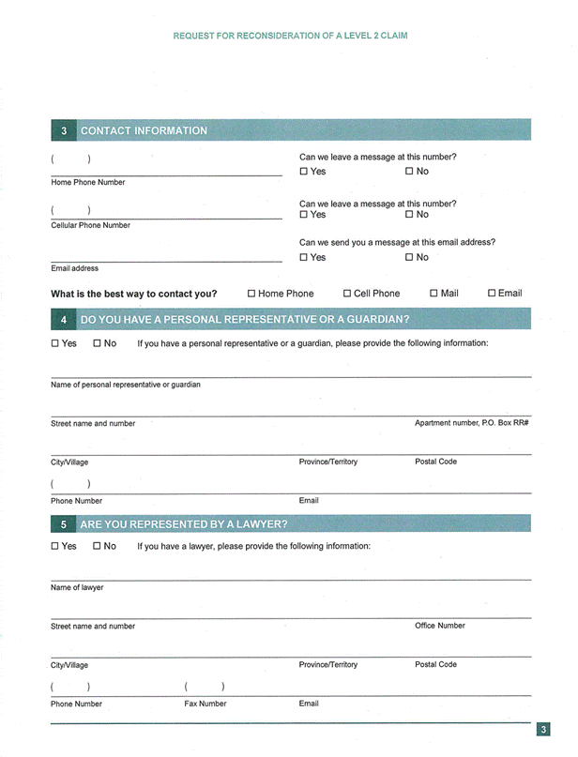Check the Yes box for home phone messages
tap(304, 172)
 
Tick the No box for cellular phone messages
tap(410, 215)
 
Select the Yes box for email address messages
tap(304, 257)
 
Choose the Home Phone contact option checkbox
tap(251, 294)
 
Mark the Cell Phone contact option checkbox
tap(347, 294)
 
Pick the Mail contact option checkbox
tap(433, 294)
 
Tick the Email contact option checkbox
tap(492, 294)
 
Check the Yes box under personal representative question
tap(55, 343)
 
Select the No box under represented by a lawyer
tap(97, 546)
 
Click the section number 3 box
tap(63, 130)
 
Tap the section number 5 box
tap(63, 524)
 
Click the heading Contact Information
tap(144, 130)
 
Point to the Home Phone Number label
tap(87, 182)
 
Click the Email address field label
tap(74, 268)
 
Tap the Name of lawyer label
tap(77, 587)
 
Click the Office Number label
tap(439, 626)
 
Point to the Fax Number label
tap(205, 704)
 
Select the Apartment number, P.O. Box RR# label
tap(472, 423)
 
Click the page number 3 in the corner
tap(543, 729)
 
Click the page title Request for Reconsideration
tap(290, 36)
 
